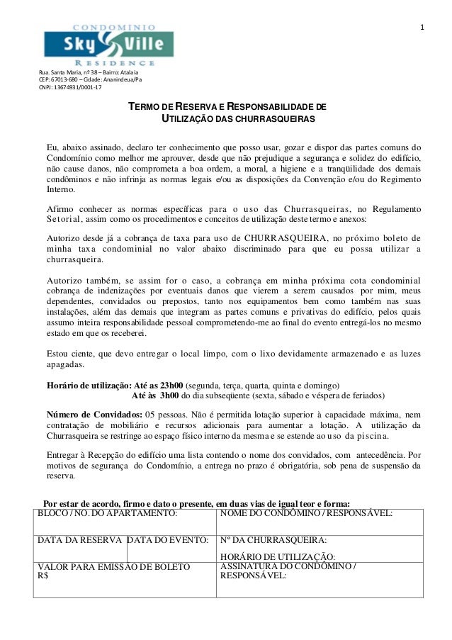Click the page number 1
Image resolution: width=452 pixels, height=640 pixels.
(x=422, y=28)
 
